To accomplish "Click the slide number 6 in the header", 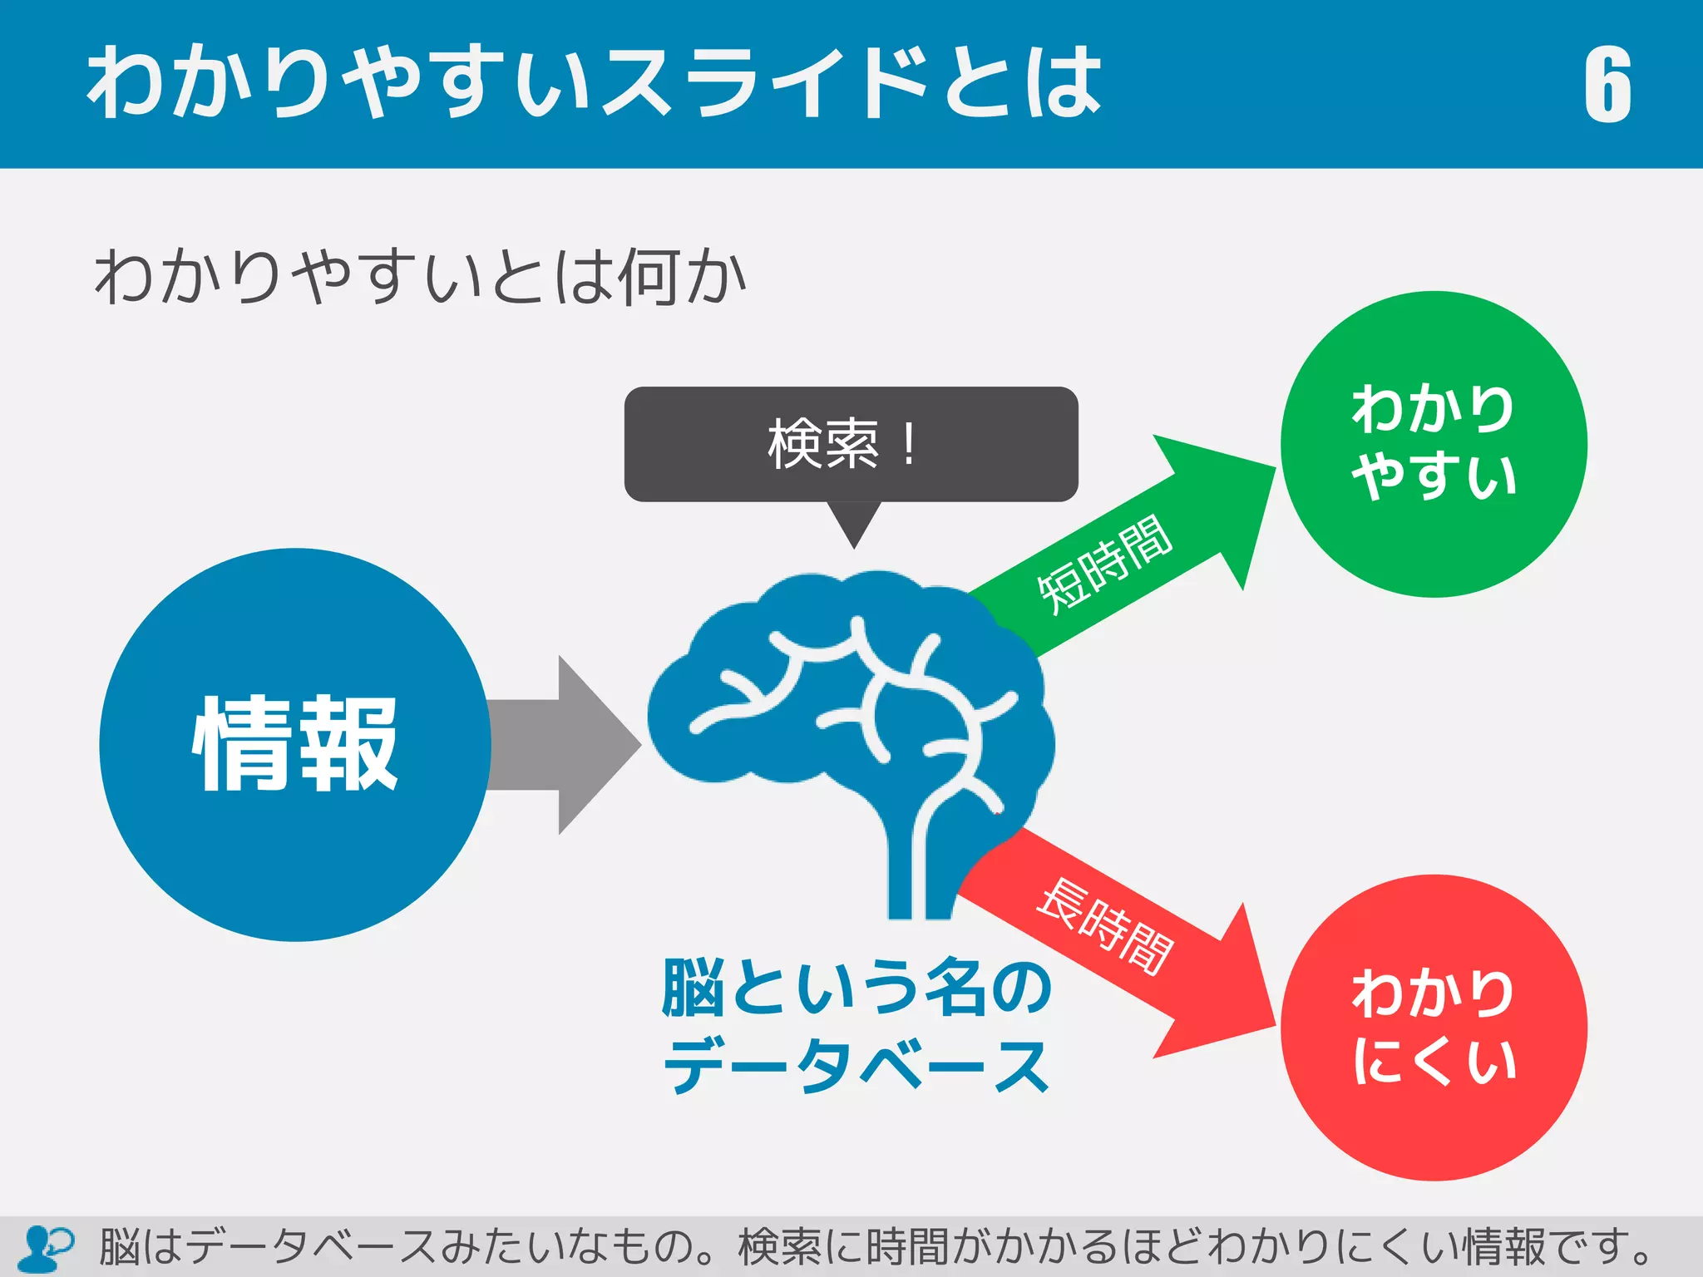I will [1607, 85].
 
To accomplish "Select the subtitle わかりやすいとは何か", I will [420, 277].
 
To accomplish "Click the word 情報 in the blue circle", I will [295, 744].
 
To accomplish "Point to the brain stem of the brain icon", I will [915, 873].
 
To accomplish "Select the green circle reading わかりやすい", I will [1434, 443].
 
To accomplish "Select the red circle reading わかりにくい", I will [1434, 1028].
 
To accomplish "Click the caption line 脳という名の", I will [856, 988].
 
